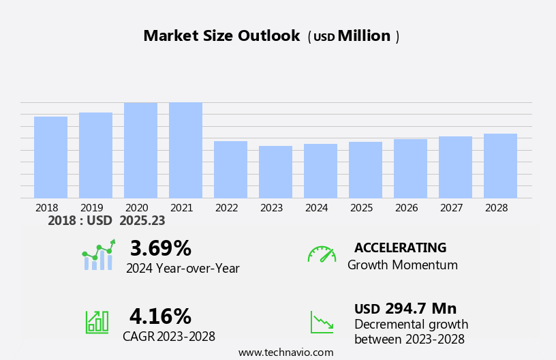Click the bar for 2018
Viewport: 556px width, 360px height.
tap(50, 157)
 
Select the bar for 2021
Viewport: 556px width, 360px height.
tap(185, 150)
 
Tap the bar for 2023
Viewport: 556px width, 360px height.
tap(275, 172)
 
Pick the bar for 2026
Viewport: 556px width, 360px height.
tap(410, 168)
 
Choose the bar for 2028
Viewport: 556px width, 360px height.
tap(500, 166)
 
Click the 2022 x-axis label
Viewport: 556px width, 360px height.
tap(230, 208)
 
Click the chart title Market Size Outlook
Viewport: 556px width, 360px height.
tap(221, 36)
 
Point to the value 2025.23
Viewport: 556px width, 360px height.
tap(142, 221)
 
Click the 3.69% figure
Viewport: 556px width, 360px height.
tap(160, 248)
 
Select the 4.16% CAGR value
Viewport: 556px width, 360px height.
tap(160, 316)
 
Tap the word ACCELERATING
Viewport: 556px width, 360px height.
tap(400, 248)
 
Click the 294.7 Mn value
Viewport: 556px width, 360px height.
tap(420, 309)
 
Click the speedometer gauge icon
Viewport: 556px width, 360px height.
tap(322, 254)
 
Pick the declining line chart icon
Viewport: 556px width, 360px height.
tap(322, 322)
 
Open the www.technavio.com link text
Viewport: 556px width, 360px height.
tap(285, 352)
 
